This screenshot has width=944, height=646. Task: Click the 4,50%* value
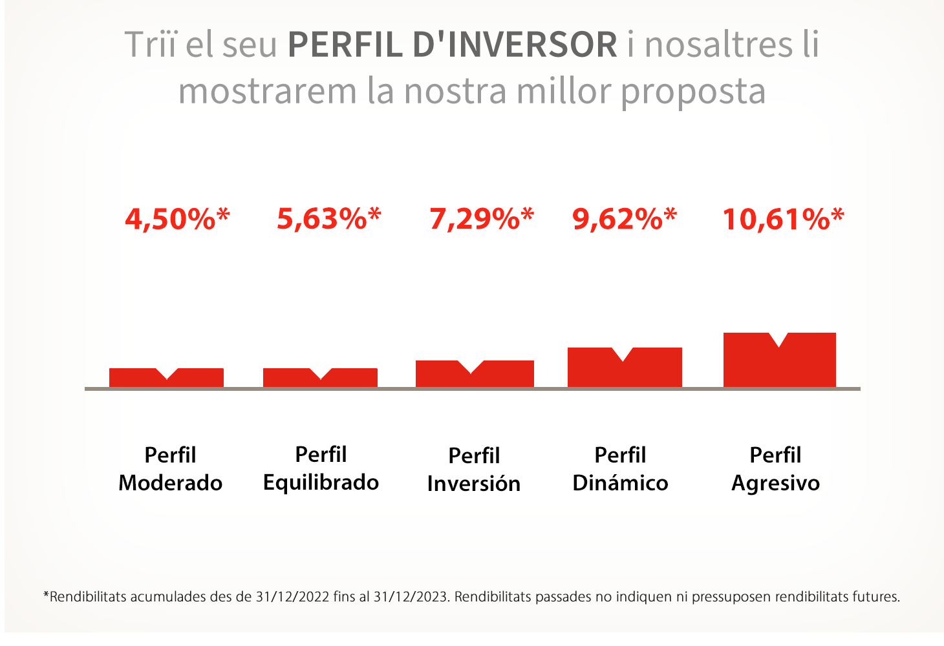(x=177, y=219)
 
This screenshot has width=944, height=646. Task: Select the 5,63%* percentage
(x=329, y=219)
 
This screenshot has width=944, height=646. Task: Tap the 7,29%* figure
(x=482, y=219)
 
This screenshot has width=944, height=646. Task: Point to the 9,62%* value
(x=625, y=219)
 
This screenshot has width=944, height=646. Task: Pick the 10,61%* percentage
(x=783, y=219)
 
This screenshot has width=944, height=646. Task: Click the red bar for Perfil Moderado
(x=166, y=379)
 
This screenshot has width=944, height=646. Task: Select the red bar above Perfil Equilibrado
(x=320, y=379)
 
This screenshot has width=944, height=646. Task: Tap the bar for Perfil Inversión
(x=475, y=375)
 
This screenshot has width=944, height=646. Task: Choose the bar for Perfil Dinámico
(x=625, y=370)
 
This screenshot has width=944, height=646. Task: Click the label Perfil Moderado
(x=171, y=469)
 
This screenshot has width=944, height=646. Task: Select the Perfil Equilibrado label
(x=321, y=468)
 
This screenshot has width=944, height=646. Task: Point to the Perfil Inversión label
(x=474, y=470)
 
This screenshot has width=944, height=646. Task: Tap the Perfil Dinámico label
(x=620, y=469)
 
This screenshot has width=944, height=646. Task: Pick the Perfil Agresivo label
(x=775, y=469)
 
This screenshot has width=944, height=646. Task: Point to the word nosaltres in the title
(x=718, y=45)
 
